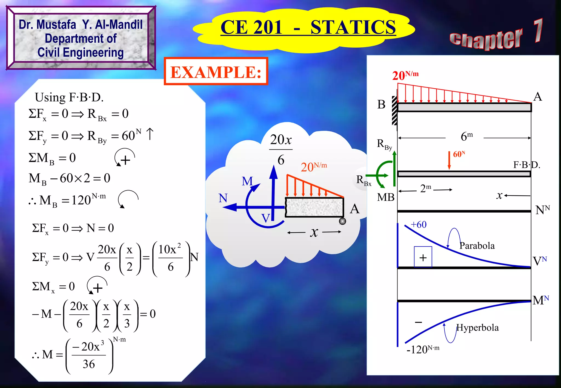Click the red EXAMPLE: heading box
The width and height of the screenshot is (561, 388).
pos(216,72)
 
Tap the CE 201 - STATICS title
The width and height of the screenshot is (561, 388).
pos(308,27)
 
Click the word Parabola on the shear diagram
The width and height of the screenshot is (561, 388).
pos(477,246)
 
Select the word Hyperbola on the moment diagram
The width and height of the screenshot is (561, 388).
pos(477,328)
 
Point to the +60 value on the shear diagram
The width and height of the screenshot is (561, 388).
pos(419,225)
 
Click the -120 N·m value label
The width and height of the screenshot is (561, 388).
pos(423,349)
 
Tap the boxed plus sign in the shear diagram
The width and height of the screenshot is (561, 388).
pos(423,257)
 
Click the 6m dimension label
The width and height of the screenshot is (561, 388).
pos(466,136)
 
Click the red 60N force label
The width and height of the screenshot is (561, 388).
pos(459,154)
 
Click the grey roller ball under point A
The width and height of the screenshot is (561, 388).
pos(342,221)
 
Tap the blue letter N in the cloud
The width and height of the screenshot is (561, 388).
pos(223,198)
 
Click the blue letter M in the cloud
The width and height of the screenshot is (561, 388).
pos(247,181)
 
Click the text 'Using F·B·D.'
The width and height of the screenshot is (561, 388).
pos(69,97)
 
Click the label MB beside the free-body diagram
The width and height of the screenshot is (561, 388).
pos(385,197)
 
